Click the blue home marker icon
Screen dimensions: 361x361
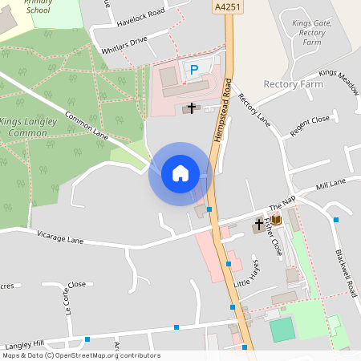[x=180, y=172]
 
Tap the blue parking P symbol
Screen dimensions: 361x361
[x=194, y=70]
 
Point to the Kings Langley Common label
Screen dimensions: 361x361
[x=32, y=126]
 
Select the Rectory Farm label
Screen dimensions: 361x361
[x=293, y=83]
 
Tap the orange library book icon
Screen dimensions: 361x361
[x=276, y=220]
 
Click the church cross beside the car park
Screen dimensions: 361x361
[x=192, y=107]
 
